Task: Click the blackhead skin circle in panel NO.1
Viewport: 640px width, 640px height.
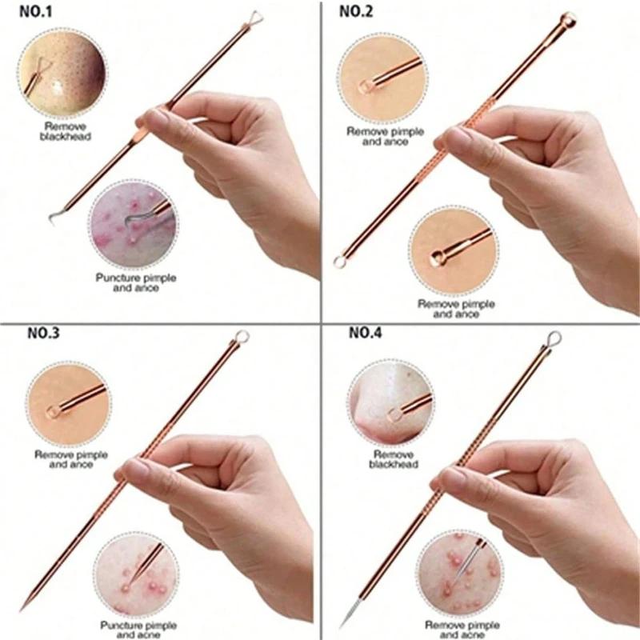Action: (x=59, y=71)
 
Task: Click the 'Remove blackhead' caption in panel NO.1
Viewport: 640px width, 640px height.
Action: (x=68, y=131)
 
